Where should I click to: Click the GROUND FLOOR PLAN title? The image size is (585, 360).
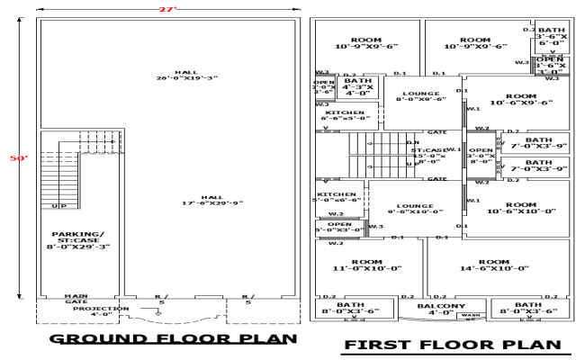click(x=173, y=338)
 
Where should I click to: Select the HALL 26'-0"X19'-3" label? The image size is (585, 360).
click(x=186, y=75)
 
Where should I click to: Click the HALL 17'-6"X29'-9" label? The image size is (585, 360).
click(x=211, y=200)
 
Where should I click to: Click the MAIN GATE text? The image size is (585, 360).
click(x=76, y=299)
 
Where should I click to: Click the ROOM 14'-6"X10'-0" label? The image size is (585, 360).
click(x=494, y=265)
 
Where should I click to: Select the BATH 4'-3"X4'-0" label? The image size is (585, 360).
click(x=358, y=86)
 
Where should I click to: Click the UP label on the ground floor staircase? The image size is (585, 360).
click(x=61, y=206)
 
